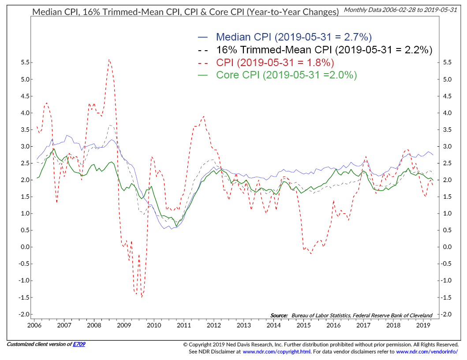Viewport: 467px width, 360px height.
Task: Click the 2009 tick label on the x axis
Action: pyautogui.click(x=124, y=325)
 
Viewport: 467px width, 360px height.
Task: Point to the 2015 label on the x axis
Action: pyautogui.click(x=303, y=325)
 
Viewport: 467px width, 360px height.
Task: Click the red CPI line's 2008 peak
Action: pyautogui.click(x=108, y=59)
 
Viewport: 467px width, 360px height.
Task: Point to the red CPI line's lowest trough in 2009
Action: pyautogui.click(x=142, y=297)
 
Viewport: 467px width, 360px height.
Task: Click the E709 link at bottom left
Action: pyautogui.click(x=79, y=344)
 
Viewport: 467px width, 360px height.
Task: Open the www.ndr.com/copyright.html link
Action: pyautogui.click(x=276, y=352)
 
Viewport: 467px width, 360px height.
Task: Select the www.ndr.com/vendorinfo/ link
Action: pyautogui.click(x=427, y=352)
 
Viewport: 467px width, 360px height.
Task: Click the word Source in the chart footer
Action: pyautogui.click(x=279, y=315)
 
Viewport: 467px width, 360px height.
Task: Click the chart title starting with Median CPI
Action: pyautogui.click(x=186, y=12)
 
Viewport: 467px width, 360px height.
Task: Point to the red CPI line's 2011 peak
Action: pyautogui.click(x=203, y=116)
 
